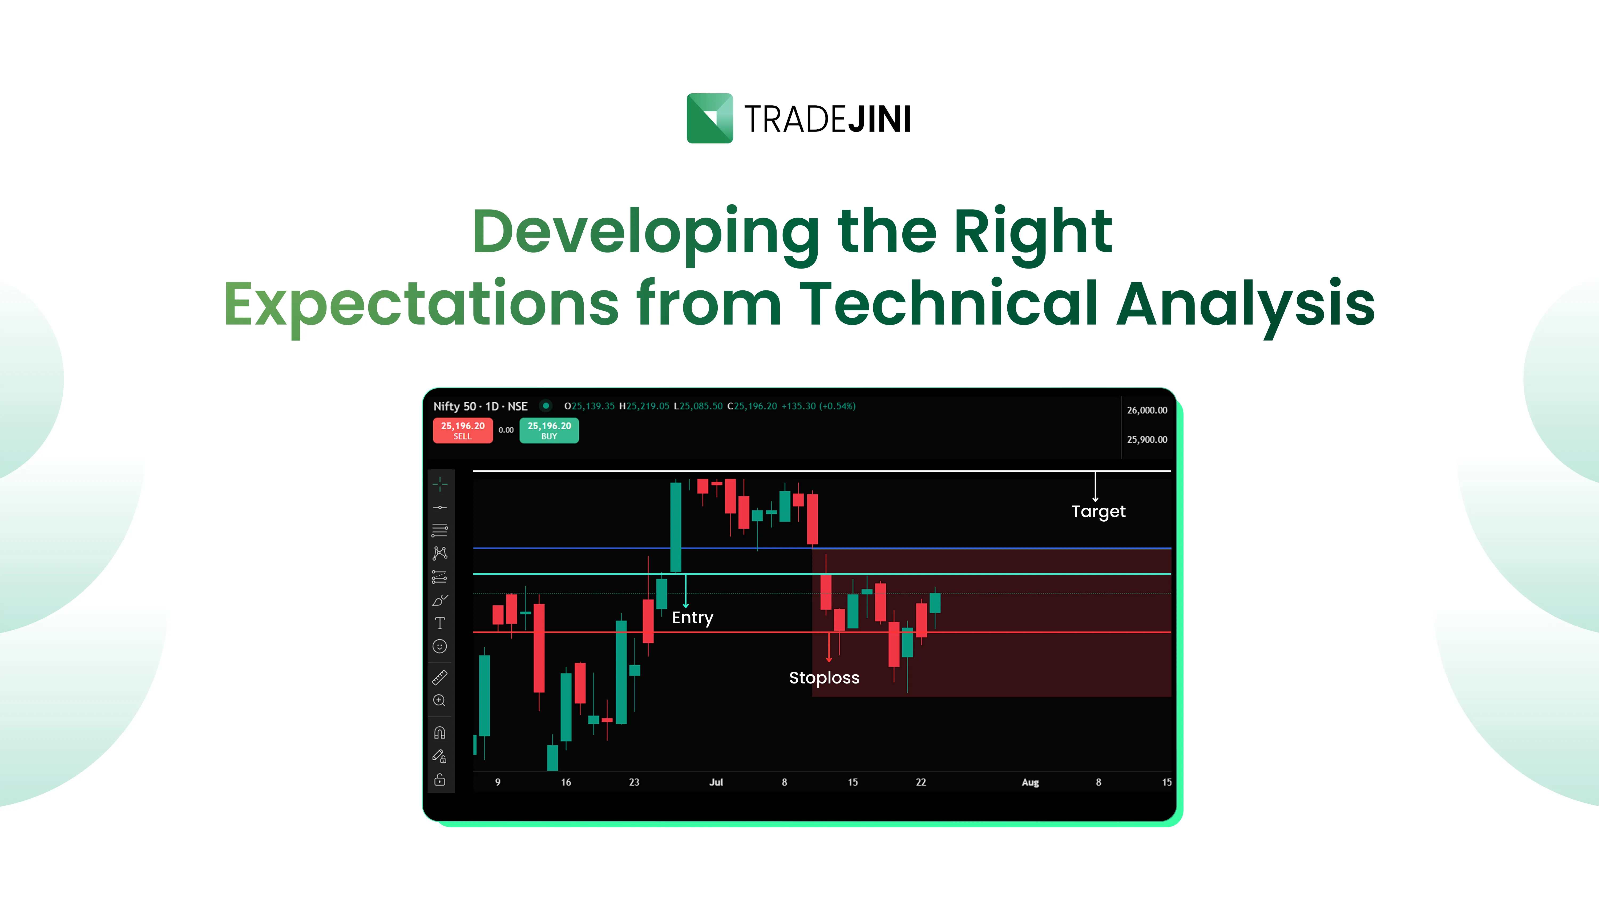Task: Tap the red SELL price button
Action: pos(462,430)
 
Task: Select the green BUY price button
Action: pos(549,430)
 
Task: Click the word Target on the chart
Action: pos(1098,511)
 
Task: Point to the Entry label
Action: pos(692,617)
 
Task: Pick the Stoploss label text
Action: pos(824,678)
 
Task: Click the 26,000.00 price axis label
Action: pos(1146,410)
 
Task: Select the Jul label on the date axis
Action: pos(716,782)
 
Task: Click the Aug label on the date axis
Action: pos(1030,782)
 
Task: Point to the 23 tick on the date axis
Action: pos(634,782)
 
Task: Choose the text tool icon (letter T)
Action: pos(439,623)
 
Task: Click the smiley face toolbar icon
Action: pos(439,647)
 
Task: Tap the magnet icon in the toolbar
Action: pos(439,733)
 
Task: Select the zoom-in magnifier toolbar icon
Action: pos(439,701)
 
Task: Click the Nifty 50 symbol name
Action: pos(454,406)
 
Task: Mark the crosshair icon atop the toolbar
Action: pos(439,484)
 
